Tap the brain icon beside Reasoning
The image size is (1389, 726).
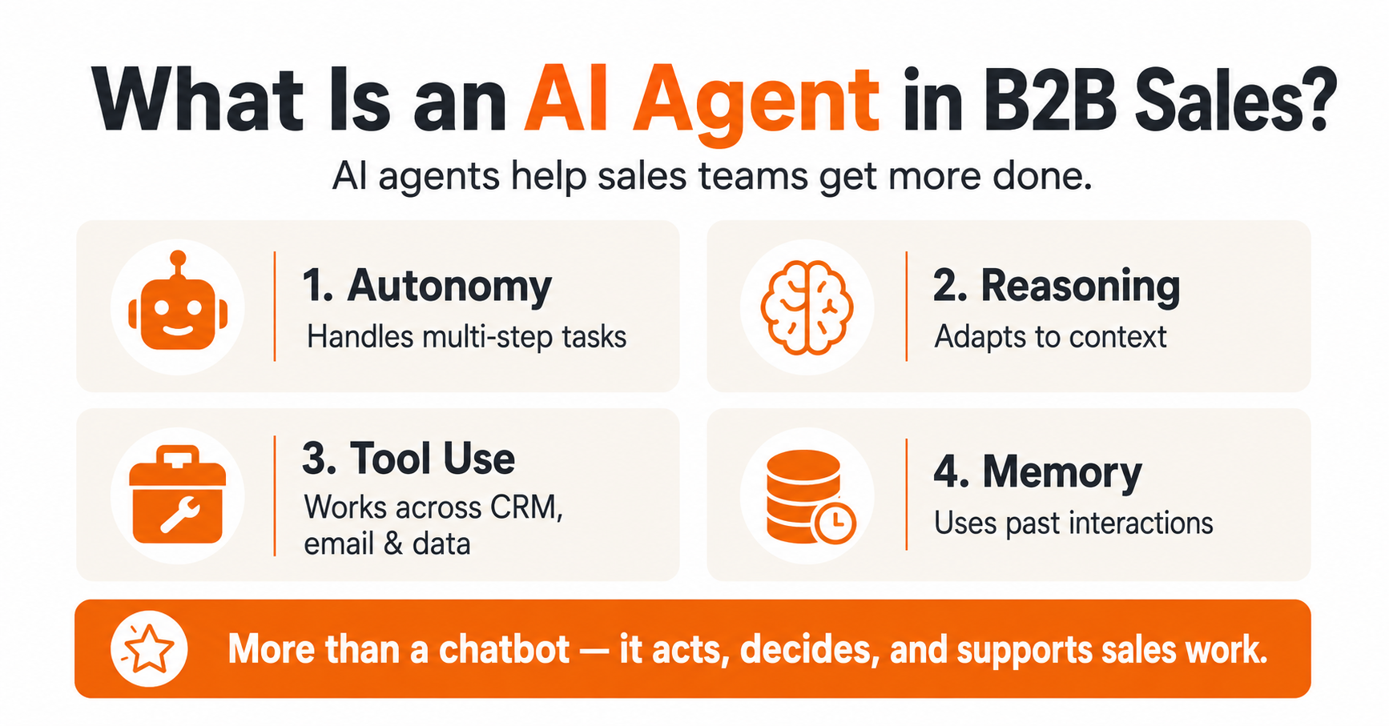tap(807, 307)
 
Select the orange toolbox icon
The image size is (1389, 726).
tap(178, 494)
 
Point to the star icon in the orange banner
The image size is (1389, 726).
tap(149, 649)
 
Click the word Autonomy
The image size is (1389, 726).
tap(449, 287)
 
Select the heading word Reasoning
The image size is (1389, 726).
tap(1081, 287)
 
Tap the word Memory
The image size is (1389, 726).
tap(1062, 473)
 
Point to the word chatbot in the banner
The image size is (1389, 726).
tap(504, 649)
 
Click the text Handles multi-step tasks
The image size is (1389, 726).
tap(466, 337)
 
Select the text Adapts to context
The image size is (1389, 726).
tap(1050, 337)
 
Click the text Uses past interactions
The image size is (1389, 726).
tap(1073, 523)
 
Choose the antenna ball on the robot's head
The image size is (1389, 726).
tap(178, 259)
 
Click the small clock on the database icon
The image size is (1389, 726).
tap(834, 523)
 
